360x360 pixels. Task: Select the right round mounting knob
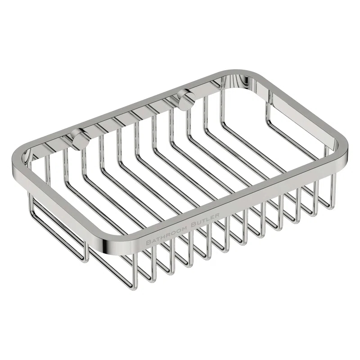pos(184,99)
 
